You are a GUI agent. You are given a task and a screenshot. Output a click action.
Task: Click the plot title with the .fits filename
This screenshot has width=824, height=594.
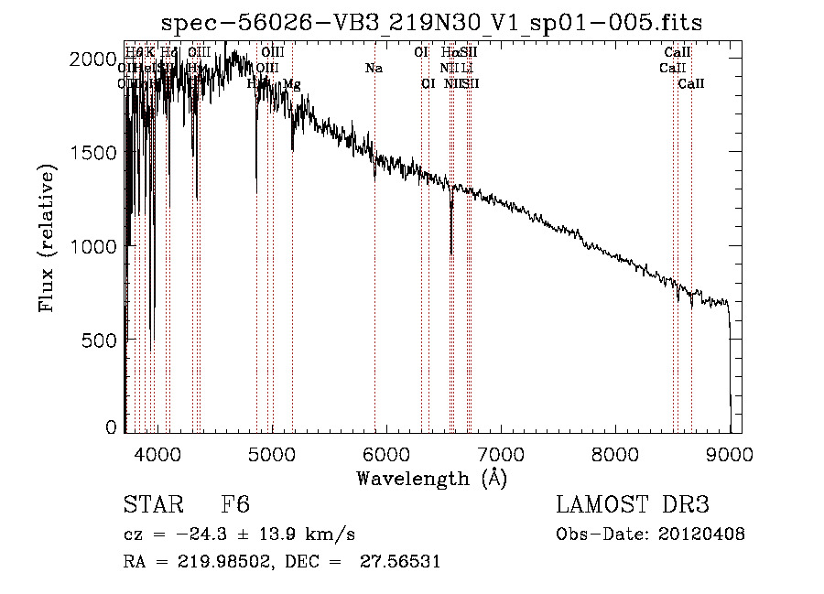click(431, 23)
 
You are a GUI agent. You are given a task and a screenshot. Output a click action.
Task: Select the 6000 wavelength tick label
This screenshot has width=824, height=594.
click(386, 454)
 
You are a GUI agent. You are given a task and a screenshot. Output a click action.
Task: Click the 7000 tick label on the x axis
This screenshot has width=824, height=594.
click(501, 454)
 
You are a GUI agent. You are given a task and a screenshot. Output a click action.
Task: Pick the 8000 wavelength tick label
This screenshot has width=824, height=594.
click(615, 454)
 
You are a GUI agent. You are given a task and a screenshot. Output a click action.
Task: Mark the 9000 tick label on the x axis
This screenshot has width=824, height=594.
click(730, 454)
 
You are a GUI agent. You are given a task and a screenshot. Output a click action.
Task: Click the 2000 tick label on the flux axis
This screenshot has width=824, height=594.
click(92, 59)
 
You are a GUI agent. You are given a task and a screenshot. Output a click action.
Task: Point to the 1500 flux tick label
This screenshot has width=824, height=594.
click(92, 153)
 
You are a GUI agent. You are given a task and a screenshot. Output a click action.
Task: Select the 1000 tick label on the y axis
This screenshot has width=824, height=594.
click(92, 246)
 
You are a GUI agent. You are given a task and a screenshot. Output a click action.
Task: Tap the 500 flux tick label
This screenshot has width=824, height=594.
click(99, 340)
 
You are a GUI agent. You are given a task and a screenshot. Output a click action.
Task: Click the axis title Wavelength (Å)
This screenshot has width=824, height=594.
click(431, 479)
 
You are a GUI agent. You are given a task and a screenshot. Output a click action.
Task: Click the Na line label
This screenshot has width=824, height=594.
click(374, 69)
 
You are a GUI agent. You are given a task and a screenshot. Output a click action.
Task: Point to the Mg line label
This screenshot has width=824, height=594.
click(291, 84)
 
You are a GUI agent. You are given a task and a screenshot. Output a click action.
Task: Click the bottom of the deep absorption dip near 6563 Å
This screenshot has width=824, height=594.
click(450, 254)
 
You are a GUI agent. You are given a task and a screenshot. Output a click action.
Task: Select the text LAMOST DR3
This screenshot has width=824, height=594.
click(633, 505)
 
